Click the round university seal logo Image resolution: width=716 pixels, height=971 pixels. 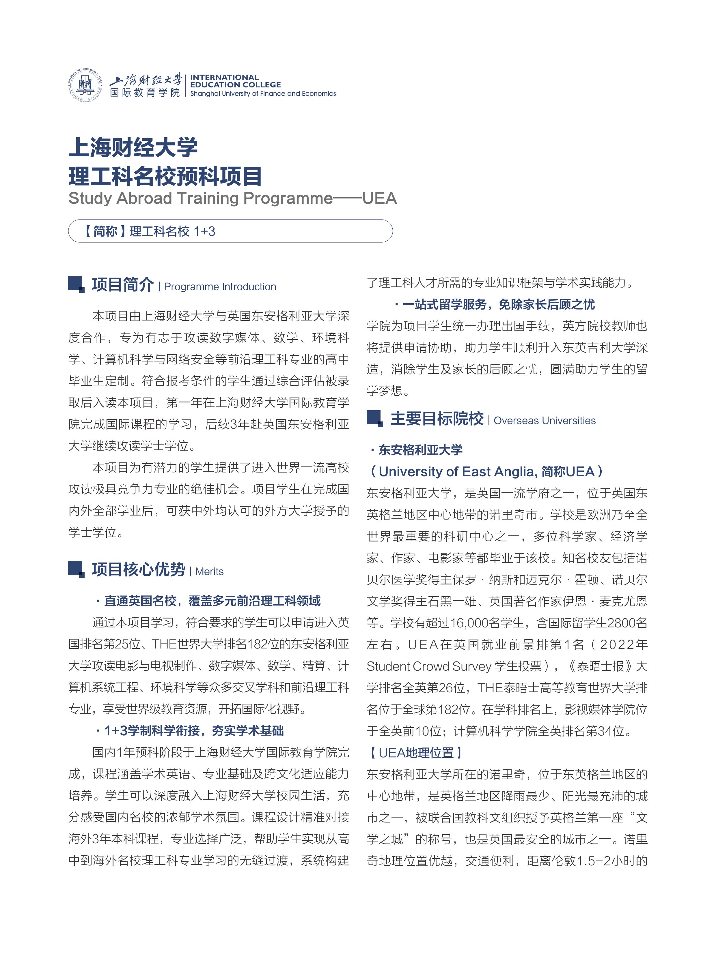tap(85, 85)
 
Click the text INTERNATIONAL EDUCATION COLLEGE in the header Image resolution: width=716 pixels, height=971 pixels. tap(235, 81)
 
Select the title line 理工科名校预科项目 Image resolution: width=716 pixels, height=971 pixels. tap(165, 176)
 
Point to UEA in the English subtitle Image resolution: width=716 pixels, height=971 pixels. tap(379, 198)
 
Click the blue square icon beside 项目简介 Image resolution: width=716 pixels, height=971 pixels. tap(76, 284)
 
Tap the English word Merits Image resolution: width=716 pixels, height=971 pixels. tap(209, 571)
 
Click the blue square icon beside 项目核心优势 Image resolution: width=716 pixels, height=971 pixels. tap(76, 569)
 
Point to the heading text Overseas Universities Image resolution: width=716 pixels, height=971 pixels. tap(545, 421)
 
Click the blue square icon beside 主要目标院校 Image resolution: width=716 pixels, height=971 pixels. tap(374, 418)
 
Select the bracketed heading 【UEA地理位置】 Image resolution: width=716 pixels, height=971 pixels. tap(415, 753)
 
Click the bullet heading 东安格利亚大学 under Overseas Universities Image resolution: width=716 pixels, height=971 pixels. tap(420, 450)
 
